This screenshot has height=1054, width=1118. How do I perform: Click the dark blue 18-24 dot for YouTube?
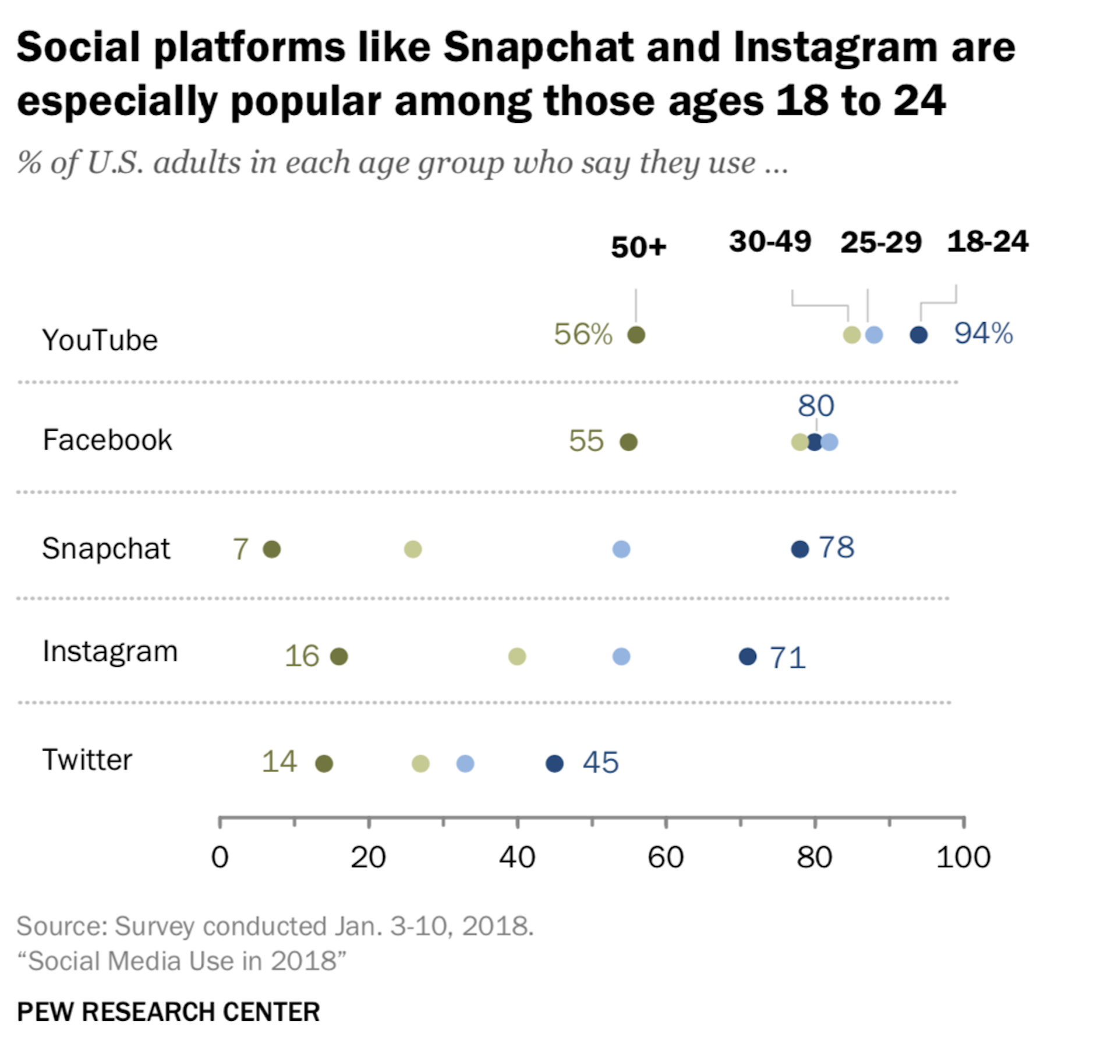coord(918,335)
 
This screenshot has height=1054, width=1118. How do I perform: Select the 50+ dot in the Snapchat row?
coord(272,549)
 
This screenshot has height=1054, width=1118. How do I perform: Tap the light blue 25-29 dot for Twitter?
coord(465,763)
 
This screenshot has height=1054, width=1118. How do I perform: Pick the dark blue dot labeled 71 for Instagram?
coord(748,656)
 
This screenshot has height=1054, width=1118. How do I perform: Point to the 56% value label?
coord(583,334)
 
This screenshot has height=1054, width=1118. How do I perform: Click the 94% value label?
coord(983,333)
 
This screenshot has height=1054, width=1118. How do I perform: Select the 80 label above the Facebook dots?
coord(816,405)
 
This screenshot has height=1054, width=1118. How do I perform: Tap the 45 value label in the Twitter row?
coord(600,762)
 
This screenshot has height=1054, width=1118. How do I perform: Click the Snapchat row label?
coord(106,549)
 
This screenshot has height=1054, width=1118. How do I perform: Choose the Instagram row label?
coord(110,651)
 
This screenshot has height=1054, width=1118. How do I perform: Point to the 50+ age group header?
coord(638,247)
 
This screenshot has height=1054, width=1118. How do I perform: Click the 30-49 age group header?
coord(770,241)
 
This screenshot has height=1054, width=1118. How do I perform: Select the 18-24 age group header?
coord(988,241)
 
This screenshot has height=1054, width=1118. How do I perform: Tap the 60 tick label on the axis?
coord(666,857)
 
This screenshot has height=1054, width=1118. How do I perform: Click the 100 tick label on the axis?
coord(963,857)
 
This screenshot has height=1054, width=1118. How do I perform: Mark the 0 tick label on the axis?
coord(220,857)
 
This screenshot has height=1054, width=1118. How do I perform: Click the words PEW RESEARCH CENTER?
coord(168,1011)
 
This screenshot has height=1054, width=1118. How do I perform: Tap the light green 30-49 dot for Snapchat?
coord(413,549)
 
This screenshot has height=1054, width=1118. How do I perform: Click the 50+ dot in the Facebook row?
coord(628,442)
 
